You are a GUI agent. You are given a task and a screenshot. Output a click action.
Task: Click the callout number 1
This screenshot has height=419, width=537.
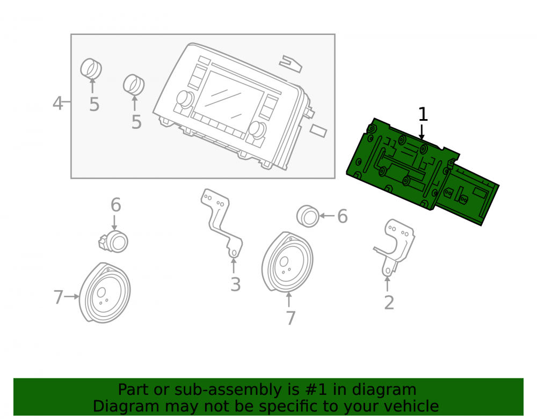coord(423,114)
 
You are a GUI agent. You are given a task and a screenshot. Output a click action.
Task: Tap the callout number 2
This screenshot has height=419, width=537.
coord(389,303)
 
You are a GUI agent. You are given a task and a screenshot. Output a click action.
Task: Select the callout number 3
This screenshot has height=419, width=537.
coord(235,284)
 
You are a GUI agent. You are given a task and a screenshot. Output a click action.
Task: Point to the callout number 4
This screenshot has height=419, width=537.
coord(58,103)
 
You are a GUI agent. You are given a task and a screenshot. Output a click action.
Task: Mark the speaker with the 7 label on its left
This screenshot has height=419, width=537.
coord(105,293)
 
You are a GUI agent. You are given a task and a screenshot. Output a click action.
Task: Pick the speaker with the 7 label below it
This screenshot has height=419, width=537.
coord(287,262)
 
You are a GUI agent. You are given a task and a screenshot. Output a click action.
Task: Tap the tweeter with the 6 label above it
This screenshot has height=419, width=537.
coord(114,241)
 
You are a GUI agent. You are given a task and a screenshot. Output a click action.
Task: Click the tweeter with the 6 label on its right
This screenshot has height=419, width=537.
coord(308,216)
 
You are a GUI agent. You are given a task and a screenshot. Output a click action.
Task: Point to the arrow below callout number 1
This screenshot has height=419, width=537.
coord(422,132)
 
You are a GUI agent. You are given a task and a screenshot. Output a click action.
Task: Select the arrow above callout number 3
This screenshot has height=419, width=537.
coord(234,266)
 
